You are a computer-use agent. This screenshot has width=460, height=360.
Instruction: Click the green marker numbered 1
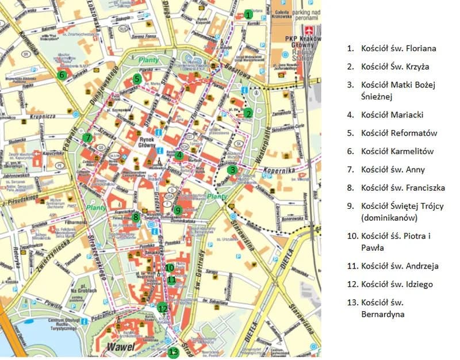248,14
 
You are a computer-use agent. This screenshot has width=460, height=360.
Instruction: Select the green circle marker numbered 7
87,137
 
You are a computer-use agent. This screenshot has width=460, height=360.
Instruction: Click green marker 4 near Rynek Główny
180,155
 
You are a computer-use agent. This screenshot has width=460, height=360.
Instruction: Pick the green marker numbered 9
178,210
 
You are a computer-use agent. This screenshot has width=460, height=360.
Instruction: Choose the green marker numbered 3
232,170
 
